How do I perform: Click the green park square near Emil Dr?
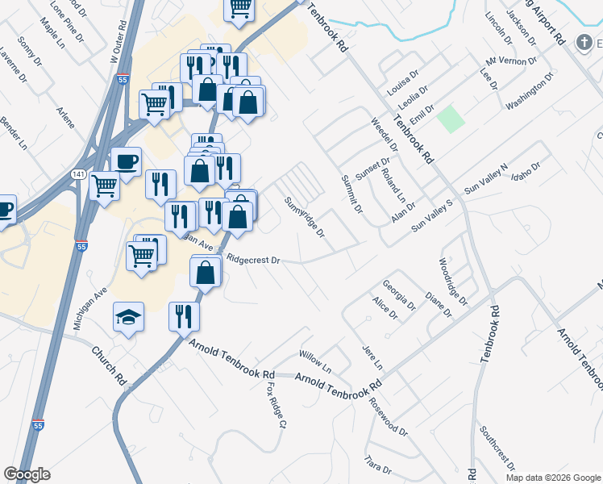point(451,119)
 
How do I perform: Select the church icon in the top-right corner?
point(584,44)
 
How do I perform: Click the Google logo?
point(27,474)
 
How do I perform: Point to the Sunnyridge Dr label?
point(305,217)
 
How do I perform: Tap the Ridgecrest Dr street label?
point(253,261)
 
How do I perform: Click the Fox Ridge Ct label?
point(277,404)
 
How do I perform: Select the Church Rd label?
point(108,365)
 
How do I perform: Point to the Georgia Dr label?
point(398,295)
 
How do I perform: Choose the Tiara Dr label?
point(377,469)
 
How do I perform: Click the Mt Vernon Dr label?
point(511,60)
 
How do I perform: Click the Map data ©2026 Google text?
point(553,478)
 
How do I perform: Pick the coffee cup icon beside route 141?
point(126,161)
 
